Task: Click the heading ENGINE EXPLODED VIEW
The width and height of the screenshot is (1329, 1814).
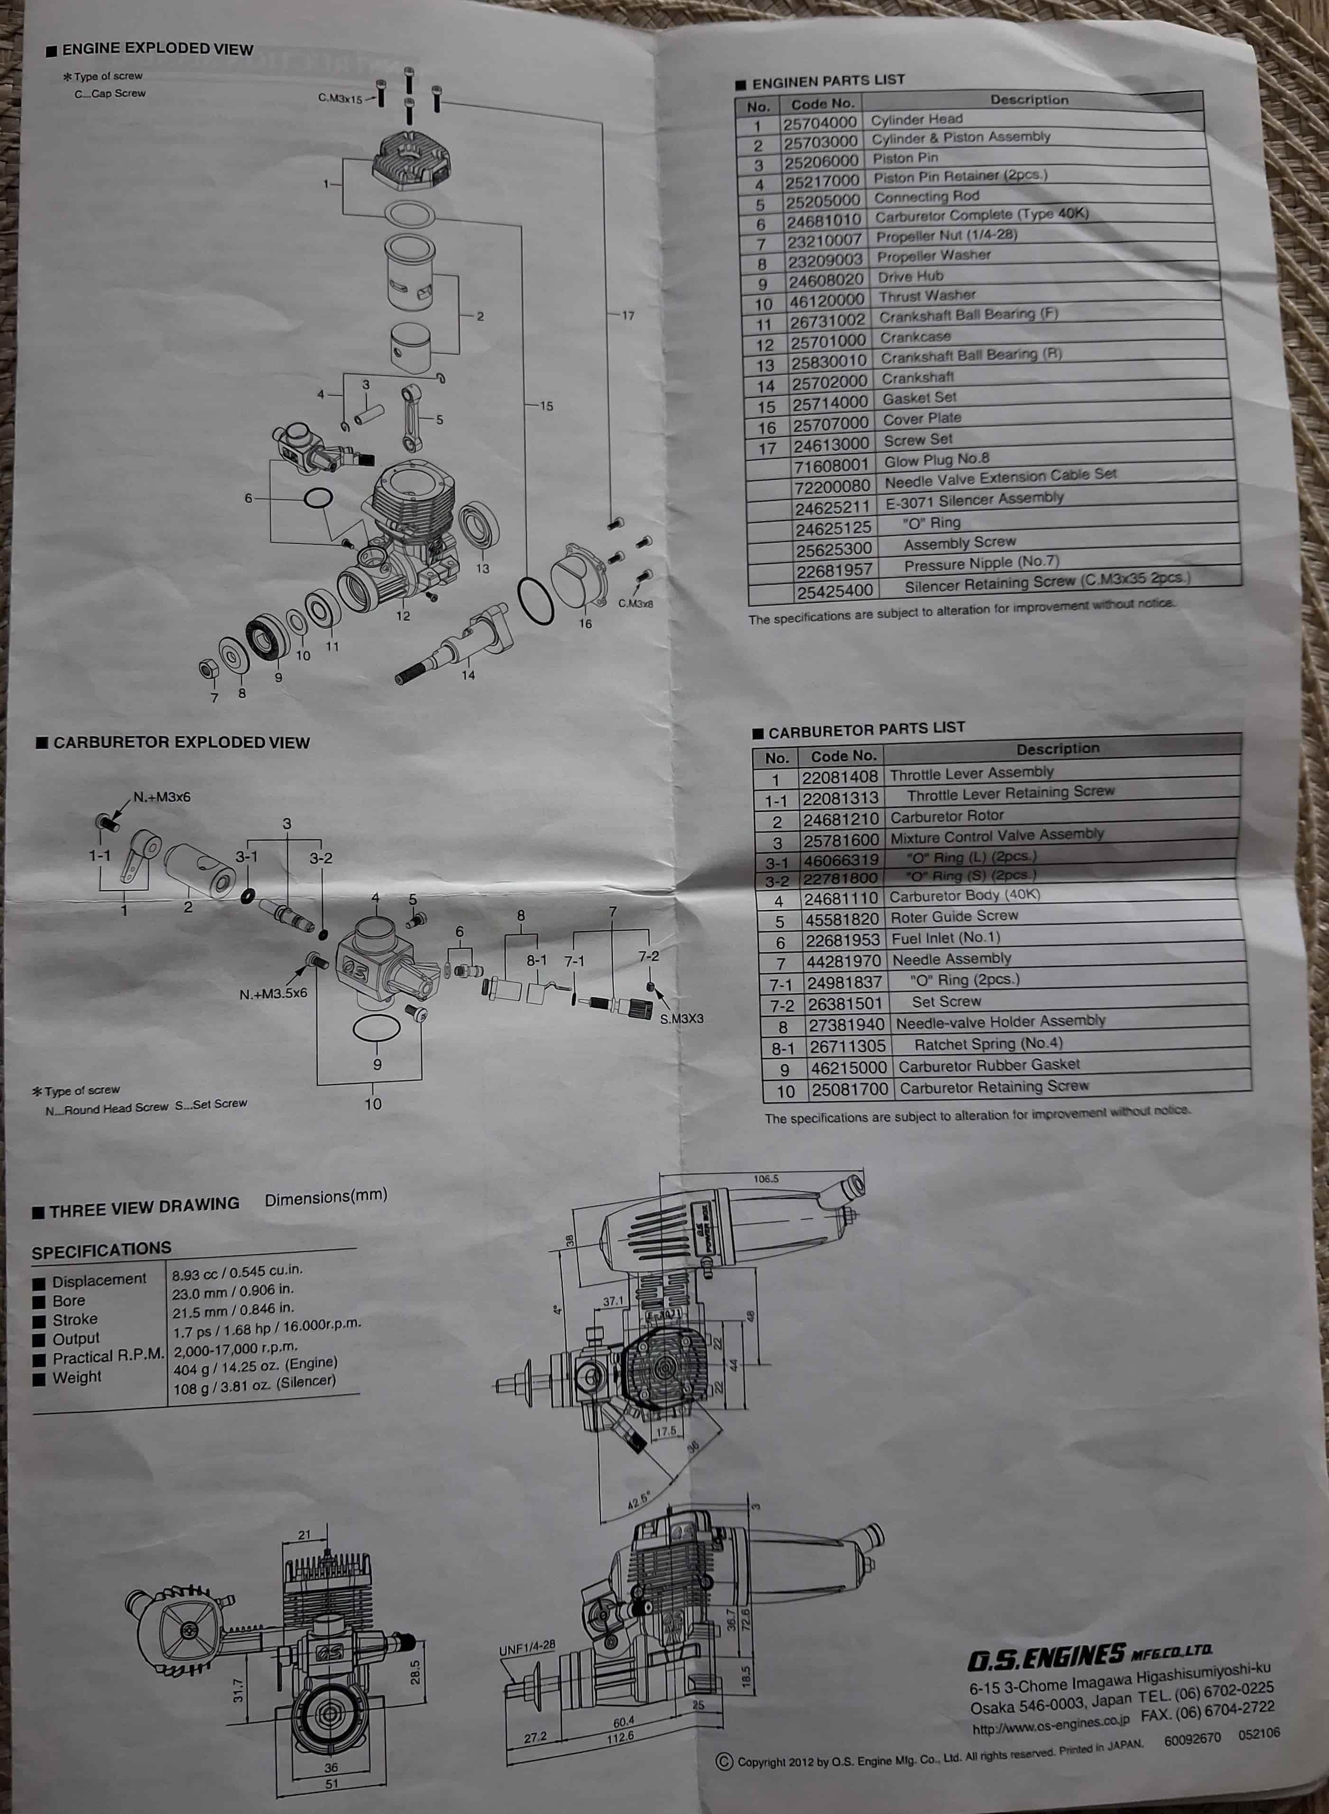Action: [157, 49]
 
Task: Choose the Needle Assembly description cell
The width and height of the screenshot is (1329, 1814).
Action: [952, 959]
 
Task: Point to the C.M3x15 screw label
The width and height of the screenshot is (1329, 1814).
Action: [340, 99]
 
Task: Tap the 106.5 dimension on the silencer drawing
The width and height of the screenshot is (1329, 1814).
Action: [766, 1179]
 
